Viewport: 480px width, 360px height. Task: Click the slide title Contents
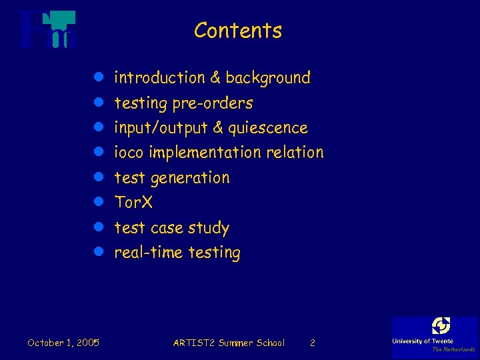coord(238,31)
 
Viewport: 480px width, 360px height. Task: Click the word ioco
coord(129,153)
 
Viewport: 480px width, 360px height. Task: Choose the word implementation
coord(205,153)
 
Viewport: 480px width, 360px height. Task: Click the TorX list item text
coord(133,202)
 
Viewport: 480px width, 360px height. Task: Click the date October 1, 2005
coord(63,343)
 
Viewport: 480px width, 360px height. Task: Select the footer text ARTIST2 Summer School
coord(229,343)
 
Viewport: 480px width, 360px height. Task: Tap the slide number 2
coord(313,343)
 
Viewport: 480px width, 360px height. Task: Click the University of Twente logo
coord(435,335)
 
